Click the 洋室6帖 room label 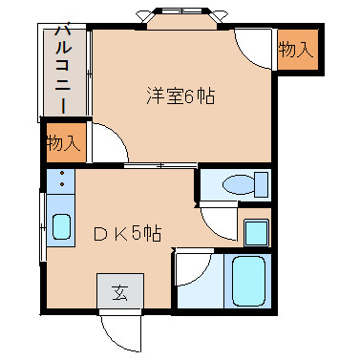(180, 95)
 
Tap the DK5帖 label (128, 234)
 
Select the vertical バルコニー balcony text (63, 70)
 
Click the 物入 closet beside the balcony (64, 142)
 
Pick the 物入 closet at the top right (296, 50)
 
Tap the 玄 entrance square (120, 291)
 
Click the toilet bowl (239, 184)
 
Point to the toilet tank (262, 184)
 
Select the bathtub (248, 282)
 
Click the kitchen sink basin (61, 226)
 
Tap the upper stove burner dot (62, 173)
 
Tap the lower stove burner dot (62, 184)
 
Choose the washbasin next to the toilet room (257, 233)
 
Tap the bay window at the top (182, 16)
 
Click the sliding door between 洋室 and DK (160, 165)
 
